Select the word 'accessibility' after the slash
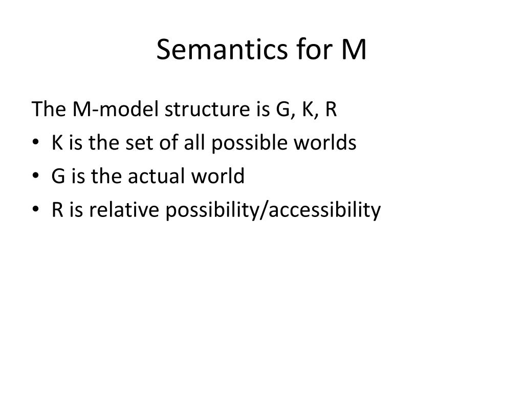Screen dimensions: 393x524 coord(324,211)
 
